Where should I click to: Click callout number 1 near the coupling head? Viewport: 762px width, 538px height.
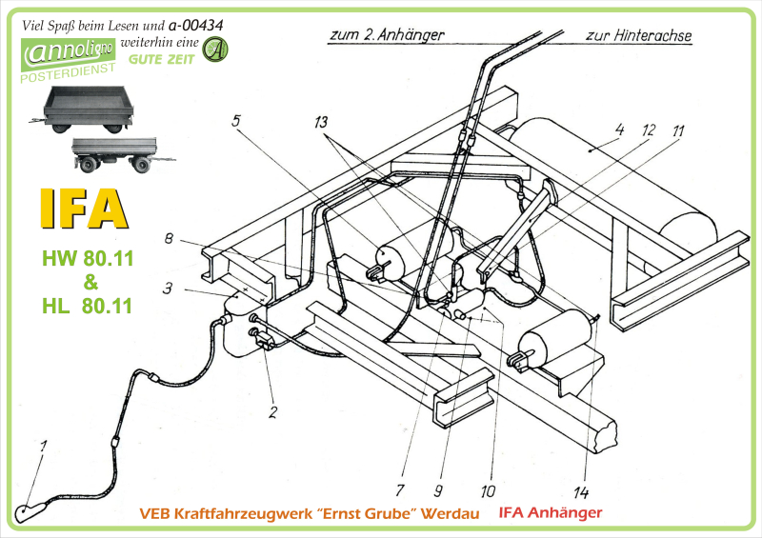(43, 446)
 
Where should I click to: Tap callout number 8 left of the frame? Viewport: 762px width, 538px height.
(169, 241)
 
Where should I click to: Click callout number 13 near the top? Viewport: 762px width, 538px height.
(324, 122)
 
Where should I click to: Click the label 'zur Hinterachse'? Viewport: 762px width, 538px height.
(639, 36)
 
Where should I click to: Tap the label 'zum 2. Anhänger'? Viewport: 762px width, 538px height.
(385, 35)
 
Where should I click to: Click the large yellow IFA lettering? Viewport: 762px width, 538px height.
(84, 208)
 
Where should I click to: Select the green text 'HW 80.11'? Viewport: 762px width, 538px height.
(87, 258)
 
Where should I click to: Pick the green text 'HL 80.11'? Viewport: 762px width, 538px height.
(87, 306)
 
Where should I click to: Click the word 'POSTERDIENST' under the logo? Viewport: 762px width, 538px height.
(66, 70)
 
